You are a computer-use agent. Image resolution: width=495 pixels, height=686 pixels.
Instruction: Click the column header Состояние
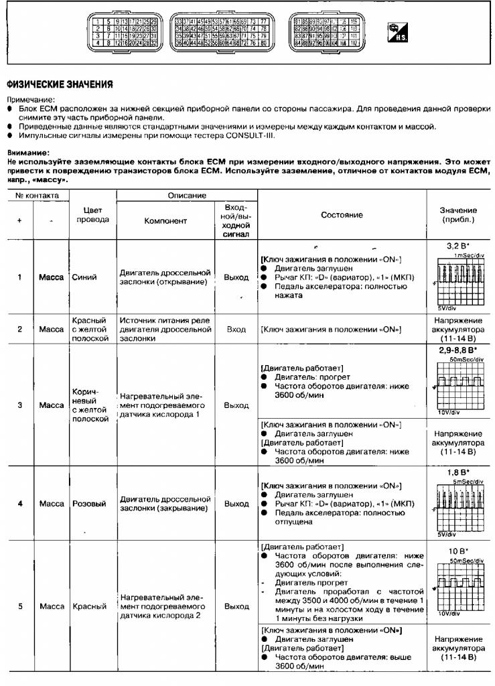click(x=342, y=214)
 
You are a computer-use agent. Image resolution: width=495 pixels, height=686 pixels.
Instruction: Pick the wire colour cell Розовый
click(x=86, y=503)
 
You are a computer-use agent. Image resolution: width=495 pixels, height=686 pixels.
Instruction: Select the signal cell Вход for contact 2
click(x=236, y=330)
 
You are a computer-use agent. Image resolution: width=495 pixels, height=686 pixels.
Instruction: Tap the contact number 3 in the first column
click(x=19, y=405)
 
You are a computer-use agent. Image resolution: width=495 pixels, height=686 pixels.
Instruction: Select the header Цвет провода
click(x=92, y=214)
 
